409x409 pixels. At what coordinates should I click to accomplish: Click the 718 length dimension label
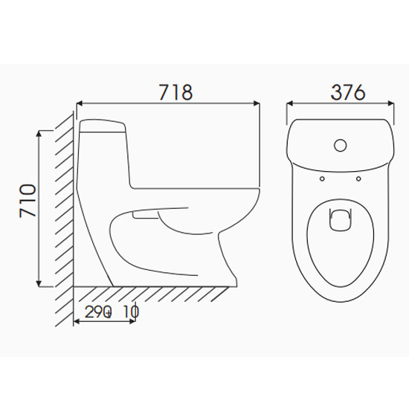tap(175, 92)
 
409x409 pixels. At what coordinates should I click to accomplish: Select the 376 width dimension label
tap(348, 92)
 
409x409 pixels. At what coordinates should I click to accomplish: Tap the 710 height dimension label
tap(28, 201)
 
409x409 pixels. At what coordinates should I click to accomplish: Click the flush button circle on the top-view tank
tap(341, 145)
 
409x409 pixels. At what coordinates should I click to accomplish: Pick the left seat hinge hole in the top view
tap(323, 178)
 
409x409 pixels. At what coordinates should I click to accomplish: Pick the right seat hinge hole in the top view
tap(358, 178)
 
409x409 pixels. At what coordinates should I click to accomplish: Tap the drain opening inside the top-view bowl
tap(341, 219)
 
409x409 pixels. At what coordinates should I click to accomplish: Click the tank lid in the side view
tap(103, 126)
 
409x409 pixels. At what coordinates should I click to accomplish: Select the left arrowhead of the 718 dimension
tap(80, 103)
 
